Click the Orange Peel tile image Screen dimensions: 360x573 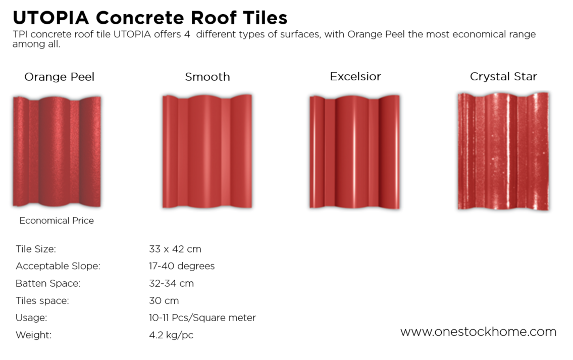pos(57,151)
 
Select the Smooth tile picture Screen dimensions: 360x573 pos(207,151)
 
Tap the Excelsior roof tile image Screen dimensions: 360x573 pos(354,151)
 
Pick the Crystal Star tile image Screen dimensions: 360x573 pos(503,151)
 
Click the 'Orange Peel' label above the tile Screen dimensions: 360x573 pos(59,77)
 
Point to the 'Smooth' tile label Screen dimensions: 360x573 pos(207,77)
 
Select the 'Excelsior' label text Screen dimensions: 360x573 pos(355,76)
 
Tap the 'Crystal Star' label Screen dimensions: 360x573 pos(503,76)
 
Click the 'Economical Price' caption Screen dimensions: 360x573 pos(57,221)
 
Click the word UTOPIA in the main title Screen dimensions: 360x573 pos(51,18)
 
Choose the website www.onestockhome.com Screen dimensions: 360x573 pos(478,332)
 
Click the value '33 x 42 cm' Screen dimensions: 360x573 pos(175,249)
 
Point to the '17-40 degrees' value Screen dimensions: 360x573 pos(182,266)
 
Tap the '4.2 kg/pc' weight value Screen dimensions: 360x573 pos(171,335)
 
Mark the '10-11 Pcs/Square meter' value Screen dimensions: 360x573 pos(202,318)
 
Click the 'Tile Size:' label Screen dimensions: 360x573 pos(36,249)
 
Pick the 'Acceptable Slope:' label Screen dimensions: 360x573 pos(58,266)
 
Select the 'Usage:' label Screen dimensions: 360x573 pos(31,318)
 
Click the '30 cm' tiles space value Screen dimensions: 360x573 pos(164,300)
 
